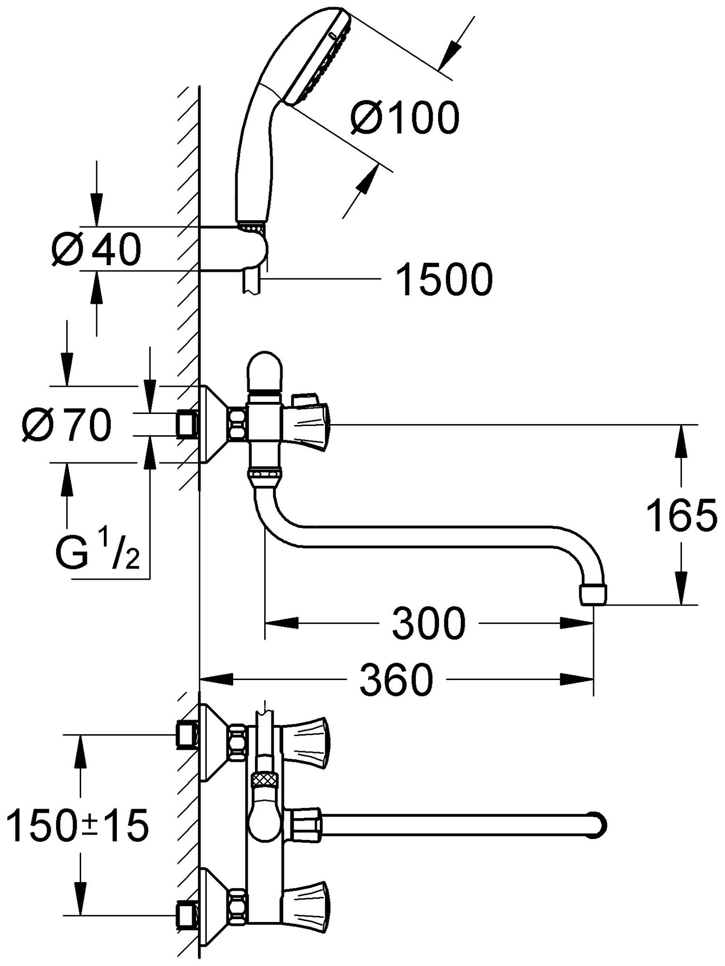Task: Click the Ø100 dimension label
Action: pyautogui.click(x=405, y=117)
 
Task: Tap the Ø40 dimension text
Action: pyautogui.click(x=97, y=250)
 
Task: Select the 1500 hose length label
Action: pyautogui.click(x=444, y=280)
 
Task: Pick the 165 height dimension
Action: pyautogui.click(x=681, y=515)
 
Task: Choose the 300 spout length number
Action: pyautogui.click(x=428, y=624)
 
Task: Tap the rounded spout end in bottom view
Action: pyautogui.click(x=598, y=821)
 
